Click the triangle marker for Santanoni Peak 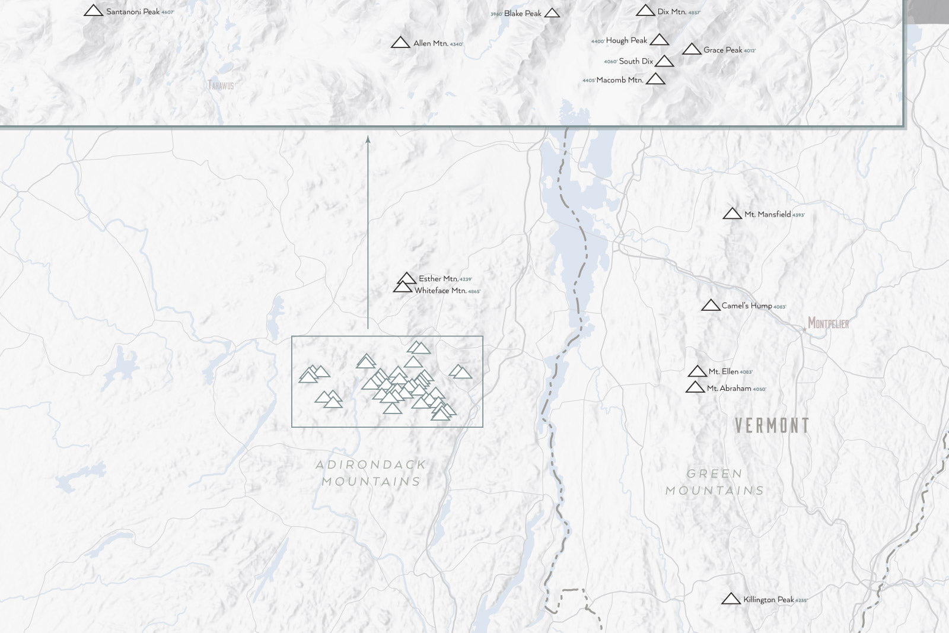tap(93, 11)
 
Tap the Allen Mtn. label tap(431, 43)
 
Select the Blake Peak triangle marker tap(552, 13)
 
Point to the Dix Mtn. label tap(671, 12)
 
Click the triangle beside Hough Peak tap(659, 40)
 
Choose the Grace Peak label tap(722, 50)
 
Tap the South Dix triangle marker tap(664, 62)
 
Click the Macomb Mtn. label tap(619, 80)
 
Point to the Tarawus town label tap(221, 85)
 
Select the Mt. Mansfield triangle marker tap(733, 214)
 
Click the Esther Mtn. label tap(438, 279)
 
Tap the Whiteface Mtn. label tap(440, 291)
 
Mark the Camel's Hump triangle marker tap(711, 306)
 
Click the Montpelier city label tap(828, 323)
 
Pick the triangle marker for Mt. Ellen tap(697, 372)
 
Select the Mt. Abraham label tap(729, 389)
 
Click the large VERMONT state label tap(772, 425)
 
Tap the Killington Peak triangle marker tap(731, 599)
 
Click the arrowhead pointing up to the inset tap(368, 139)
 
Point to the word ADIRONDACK tap(371, 465)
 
